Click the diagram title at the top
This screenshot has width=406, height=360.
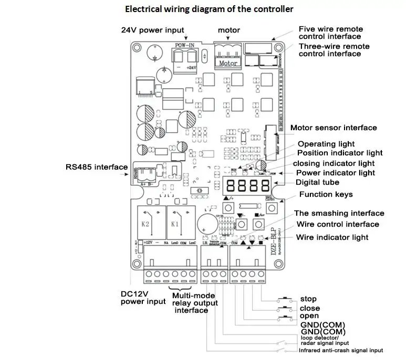tap(209, 9)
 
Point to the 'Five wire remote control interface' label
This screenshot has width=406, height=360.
tap(330, 33)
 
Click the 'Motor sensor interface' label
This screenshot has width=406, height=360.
tap(334, 128)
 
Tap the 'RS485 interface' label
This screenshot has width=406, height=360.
tap(96, 167)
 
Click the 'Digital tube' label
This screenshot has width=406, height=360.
tap(317, 183)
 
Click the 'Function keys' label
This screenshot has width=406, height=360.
tap(326, 195)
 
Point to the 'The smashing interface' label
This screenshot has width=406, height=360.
tap(339, 214)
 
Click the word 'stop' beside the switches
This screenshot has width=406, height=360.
tap(308, 299)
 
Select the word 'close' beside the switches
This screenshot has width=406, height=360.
tap(310, 308)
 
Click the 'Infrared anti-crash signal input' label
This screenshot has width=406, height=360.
tap(341, 350)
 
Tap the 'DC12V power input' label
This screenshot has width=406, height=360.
tap(141, 298)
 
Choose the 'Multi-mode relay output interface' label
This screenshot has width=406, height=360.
tap(191, 303)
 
